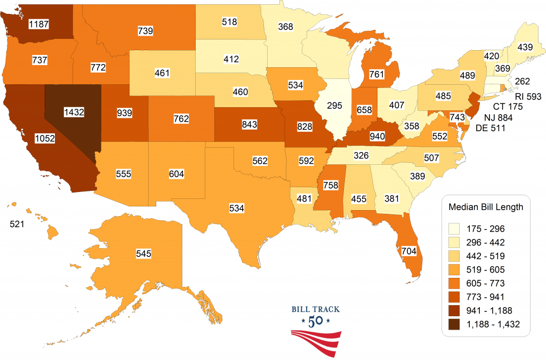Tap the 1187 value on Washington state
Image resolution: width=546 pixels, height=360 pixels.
(39, 23)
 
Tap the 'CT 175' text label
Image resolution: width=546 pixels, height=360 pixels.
(508, 107)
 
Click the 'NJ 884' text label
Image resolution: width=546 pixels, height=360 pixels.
(501, 117)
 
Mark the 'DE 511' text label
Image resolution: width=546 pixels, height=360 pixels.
(501, 127)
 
